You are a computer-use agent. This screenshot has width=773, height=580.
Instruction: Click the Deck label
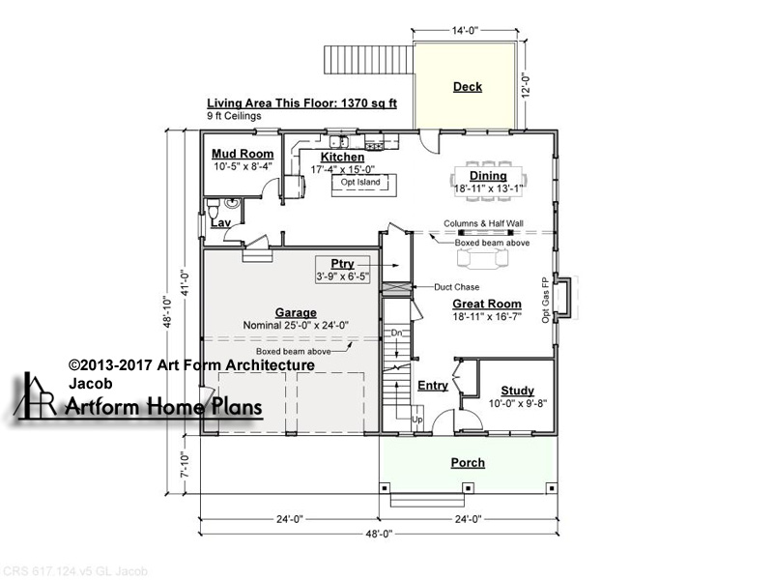pyautogui.click(x=468, y=87)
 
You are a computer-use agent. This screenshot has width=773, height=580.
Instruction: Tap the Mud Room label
pyautogui.click(x=243, y=154)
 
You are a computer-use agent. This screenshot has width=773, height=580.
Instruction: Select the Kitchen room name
pyautogui.click(x=343, y=158)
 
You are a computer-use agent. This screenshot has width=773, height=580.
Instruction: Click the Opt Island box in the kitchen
pyautogui.click(x=364, y=186)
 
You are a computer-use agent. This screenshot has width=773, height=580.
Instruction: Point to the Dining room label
pyautogui.click(x=488, y=176)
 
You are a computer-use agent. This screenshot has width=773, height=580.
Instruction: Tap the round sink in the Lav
pyautogui.click(x=232, y=202)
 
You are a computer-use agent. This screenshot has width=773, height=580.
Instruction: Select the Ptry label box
pyautogui.click(x=343, y=270)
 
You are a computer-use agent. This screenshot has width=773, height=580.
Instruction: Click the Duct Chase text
pyautogui.click(x=456, y=287)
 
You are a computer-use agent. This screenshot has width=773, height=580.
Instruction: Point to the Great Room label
pyautogui.click(x=487, y=304)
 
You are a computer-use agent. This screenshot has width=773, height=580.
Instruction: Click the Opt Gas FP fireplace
pyautogui.click(x=563, y=299)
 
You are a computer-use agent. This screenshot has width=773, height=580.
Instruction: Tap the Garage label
pyautogui.click(x=296, y=312)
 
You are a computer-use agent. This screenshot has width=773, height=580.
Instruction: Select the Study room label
pyautogui.click(x=518, y=391)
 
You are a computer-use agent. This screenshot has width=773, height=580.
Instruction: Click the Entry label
pyautogui.click(x=433, y=386)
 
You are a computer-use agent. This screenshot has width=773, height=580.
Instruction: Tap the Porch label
pyautogui.click(x=468, y=463)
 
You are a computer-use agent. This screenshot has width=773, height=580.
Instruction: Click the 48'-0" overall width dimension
pyautogui.click(x=379, y=534)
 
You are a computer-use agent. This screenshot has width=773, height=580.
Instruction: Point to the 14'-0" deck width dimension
pyautogui.click(x=466, y=31)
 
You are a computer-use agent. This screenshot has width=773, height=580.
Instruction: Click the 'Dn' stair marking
pyautogui.click(x=397, y=333)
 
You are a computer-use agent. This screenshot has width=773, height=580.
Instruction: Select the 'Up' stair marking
pyautogui.click(x=417, y=420)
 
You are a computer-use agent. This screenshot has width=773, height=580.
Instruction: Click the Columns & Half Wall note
pyautogui.click(x=483, y=223)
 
